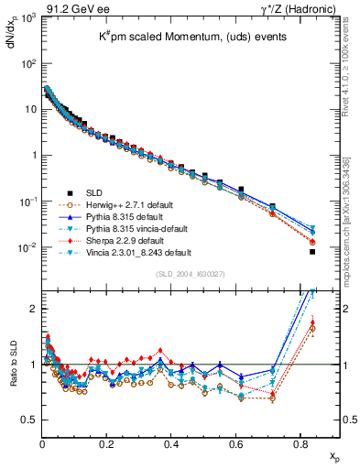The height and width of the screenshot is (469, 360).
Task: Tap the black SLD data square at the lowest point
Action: tap(312, 252)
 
